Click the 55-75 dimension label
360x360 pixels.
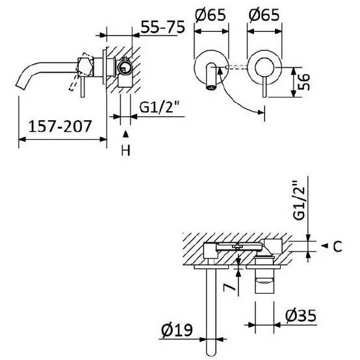click(x=162, y=27)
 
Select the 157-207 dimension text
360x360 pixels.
click(x=60, y=127)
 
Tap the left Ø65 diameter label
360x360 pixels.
click(x=211, y=15)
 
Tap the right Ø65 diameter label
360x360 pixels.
click(x=264, y=15)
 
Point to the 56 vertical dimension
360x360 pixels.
click(x=303, y=82)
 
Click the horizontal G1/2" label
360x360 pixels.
click(x=159, y=107)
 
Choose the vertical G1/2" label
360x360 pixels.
click(x=299, y=200)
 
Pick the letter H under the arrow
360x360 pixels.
click(x=125, y=150)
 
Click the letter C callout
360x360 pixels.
click(x=337, y=246)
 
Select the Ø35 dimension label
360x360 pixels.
click(x=301, y=315)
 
